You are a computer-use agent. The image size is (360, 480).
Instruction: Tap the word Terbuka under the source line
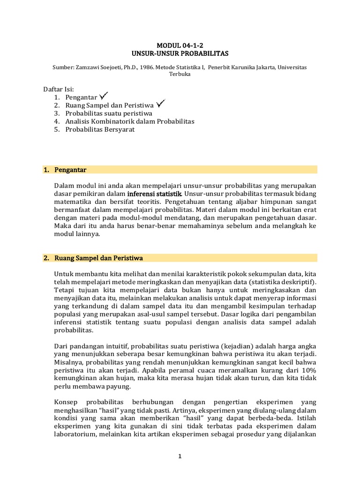pos(180,75)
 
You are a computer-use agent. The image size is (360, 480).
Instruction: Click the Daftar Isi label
pos(59,89)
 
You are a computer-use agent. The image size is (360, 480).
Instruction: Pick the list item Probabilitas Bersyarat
pos(100,129)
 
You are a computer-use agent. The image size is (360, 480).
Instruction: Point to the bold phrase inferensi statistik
pos(154,193)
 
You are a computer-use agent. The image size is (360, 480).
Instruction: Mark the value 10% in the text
pos(308,370)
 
